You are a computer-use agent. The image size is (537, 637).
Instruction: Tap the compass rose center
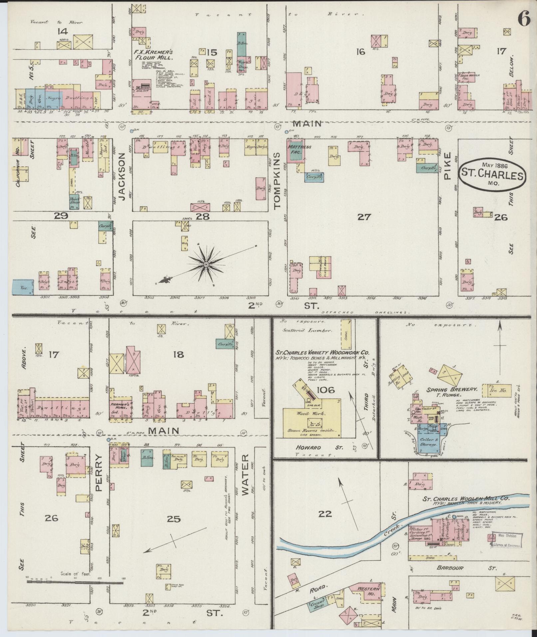pos(206,264)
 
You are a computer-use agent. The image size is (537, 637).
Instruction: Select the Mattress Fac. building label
pos(295,149)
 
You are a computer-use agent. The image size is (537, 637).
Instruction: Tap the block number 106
pos(326,390)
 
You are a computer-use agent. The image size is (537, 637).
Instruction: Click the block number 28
pos(202,216)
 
